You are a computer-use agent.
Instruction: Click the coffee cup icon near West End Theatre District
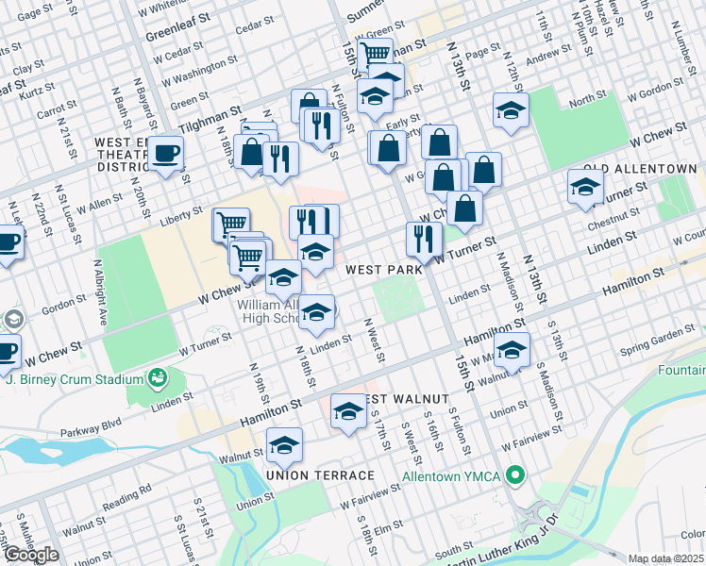click(167, 153)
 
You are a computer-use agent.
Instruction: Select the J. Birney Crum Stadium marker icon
click(158, 379)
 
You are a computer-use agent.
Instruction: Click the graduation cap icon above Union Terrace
click(284, 444)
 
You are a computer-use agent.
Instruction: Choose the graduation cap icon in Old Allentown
click(585, 186)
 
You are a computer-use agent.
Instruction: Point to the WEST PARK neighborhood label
click(383, 270)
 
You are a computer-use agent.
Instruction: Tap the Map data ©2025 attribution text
click(665, 558)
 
